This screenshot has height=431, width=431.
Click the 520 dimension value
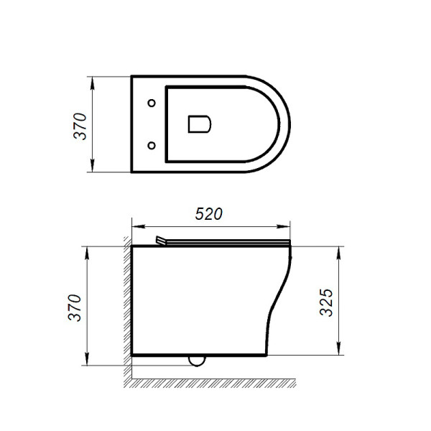click(210, 214)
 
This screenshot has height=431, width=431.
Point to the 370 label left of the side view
click(82, 307)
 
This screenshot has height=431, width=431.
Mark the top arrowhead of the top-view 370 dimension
click(94, 80)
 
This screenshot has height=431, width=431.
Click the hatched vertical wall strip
click(126, 302)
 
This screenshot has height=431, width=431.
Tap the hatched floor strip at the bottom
click(215, 381)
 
